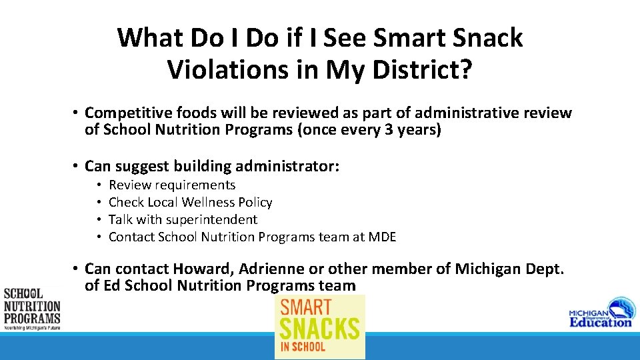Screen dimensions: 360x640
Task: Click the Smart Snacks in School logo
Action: tap(320, 327)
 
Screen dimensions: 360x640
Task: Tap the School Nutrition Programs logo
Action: tap(31, 308)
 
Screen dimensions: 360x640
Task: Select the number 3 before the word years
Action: tap(389, 130)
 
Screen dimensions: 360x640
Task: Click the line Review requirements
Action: tap(172, 185)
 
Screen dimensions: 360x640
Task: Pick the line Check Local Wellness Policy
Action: tap(190, 202)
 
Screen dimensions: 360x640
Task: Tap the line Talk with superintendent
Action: tap(183, 219)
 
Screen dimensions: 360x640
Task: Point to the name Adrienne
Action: tap(269, 269)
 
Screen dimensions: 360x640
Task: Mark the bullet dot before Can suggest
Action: tap(77, 165)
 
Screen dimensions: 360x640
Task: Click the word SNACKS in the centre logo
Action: tap(320, 328)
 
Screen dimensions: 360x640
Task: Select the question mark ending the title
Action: tap(464, 69)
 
